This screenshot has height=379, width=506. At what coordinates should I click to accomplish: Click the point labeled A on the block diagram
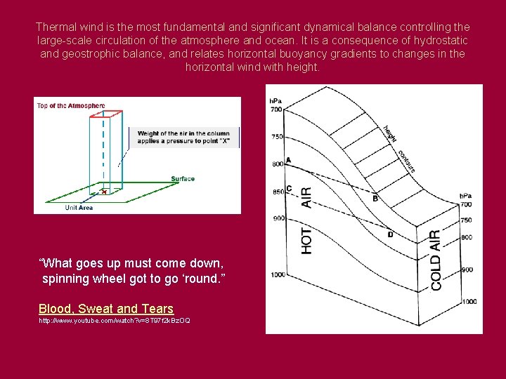(x=289, y=159)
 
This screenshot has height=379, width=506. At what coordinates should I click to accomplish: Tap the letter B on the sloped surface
(x=375, y=198)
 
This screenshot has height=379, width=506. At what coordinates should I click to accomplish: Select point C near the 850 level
(x=289, y=188)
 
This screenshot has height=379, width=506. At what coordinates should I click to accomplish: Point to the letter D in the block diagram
(x=390, y=234)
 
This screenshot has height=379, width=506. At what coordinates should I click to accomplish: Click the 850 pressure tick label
(x=277, y=191)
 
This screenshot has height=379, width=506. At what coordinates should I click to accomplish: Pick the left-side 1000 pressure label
(x=277, y=274)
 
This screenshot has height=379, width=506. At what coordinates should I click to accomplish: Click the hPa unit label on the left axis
(x=276, y=100)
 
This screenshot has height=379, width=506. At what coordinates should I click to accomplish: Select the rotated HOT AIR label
(x=307, y=218)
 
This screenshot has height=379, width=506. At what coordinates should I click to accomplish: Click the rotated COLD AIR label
(x=436, y=260)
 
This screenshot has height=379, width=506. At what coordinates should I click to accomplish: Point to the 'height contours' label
(x=399, y=148)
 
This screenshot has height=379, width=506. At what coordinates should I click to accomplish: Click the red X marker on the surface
(x=104, y=191)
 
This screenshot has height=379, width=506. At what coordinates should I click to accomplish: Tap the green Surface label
(x=183, y=179)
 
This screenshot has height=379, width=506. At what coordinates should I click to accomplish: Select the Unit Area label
(x=79, y=208)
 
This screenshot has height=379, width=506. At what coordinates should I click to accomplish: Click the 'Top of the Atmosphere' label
(x=70, y=106)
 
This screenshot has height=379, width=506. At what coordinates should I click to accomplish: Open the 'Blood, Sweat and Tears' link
(x=106, y=309)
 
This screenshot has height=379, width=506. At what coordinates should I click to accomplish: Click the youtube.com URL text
(x=114, y=321)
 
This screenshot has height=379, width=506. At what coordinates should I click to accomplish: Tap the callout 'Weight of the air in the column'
(x=182, y=133)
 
